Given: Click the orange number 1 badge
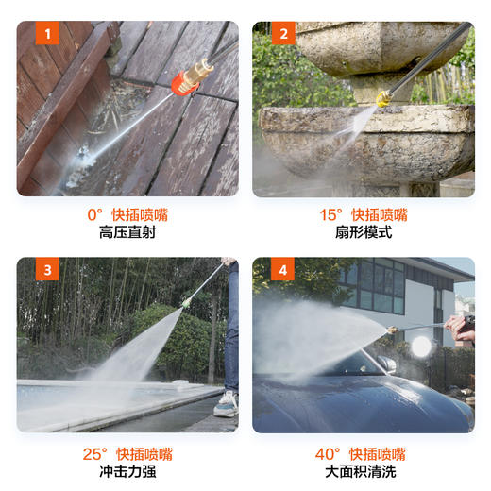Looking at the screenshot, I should coord(47,36).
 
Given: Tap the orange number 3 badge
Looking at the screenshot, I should coord(47,272).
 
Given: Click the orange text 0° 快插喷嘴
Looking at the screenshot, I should coord(127,214).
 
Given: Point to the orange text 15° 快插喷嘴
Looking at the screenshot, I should coord(363,214).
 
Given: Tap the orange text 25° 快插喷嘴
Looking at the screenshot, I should coord(127,453).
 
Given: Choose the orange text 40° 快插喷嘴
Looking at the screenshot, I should coord(363,453).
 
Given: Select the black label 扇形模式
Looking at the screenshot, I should coord(363,233).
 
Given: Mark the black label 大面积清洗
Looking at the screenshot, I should coord(363,472).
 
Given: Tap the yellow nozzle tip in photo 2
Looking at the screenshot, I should coord(383,97).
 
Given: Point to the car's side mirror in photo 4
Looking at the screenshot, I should coord(387,364).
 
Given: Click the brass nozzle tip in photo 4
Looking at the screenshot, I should coord(390,330).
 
